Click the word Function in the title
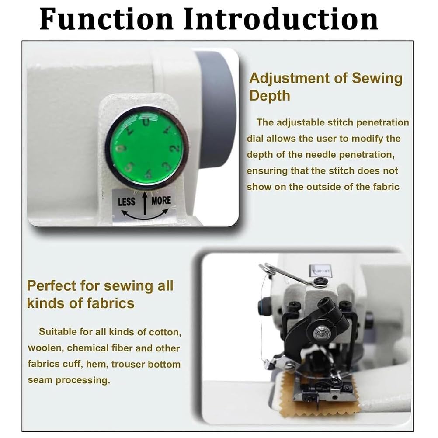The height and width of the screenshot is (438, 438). click(106, 19)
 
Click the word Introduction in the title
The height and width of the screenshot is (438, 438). click(281, 19)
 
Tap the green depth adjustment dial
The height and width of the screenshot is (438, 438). click(146, 146)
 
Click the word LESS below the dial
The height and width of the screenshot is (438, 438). click(126, 202)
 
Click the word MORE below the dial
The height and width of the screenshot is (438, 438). click(161, 201)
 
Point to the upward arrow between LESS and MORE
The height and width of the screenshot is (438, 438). click(145, 204)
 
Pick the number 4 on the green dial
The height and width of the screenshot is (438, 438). click(149, 174)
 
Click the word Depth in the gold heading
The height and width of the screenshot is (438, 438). click(270, 96)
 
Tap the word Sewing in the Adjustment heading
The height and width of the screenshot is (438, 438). click(377, 78)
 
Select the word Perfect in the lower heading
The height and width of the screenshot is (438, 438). click(52, 286)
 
